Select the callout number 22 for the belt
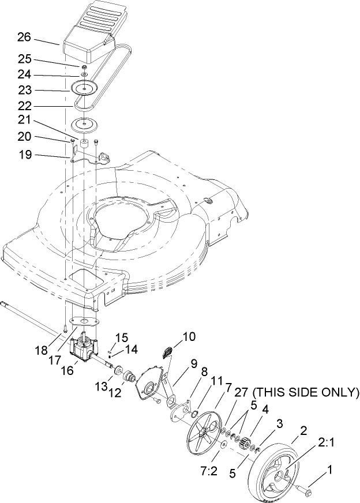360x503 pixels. pyautogui.click(x=24, y=106)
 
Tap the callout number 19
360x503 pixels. pyautogui.click(x=24, y=155)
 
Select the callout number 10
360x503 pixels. pyautogui.click(x=189, y=335)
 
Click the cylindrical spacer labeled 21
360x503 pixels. pyautogui.click(x=85, y=142)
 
